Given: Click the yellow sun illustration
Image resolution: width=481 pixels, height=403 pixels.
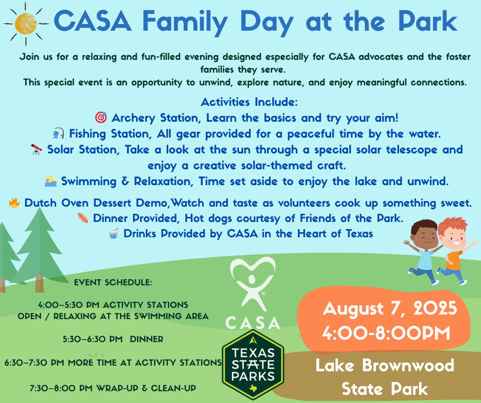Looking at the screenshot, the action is point(26,24).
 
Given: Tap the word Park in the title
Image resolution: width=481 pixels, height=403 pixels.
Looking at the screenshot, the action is point(428,21).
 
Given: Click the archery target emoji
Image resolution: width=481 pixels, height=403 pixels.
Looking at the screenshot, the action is point(101,118).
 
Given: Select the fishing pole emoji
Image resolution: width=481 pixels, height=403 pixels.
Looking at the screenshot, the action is point(58,133).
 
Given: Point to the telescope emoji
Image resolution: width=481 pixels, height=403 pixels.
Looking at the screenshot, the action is point(36,149).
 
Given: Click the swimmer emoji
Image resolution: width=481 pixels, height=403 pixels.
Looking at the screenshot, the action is point(51,181).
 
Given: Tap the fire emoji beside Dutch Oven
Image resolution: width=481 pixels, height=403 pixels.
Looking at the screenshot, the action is point(14,203).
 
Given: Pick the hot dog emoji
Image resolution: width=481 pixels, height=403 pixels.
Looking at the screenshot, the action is point(83,218).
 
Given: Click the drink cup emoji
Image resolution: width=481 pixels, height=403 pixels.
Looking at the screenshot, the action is point(114,233).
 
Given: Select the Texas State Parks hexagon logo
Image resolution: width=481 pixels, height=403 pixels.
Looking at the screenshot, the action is point(253,365).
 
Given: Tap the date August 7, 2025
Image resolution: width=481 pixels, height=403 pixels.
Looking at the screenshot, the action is point(389,308).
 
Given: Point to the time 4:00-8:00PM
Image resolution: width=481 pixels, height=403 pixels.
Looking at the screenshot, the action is point(386,332).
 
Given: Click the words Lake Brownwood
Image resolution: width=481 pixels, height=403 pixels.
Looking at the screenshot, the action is point(385,365).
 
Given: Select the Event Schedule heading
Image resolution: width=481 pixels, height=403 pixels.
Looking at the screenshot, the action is point(113,282).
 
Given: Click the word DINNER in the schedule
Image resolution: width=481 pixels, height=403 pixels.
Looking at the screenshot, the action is point(147,339).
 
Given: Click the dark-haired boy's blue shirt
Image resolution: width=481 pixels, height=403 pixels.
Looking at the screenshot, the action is point(426,260).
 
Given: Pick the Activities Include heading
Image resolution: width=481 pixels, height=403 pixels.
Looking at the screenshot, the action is point(249,102).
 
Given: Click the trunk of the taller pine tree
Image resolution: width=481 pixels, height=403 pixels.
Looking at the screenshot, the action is point(39,283).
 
